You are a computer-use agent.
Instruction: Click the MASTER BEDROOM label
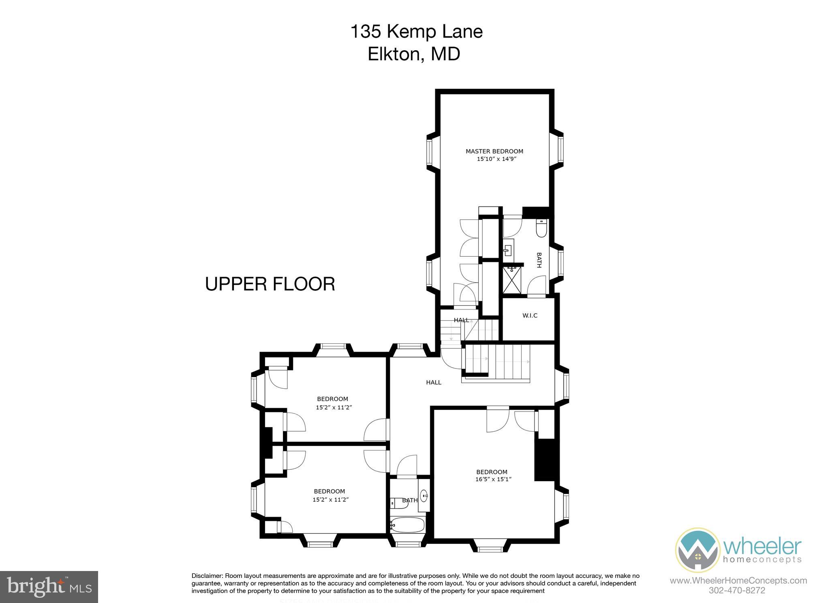pos(494,151)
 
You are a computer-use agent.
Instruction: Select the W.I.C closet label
pos(530,315)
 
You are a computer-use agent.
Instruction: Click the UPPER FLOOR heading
pos(270,284)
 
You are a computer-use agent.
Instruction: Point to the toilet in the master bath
pos(541,228)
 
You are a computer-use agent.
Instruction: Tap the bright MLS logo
pos(49,587)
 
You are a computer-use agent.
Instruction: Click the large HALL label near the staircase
pos(434,382)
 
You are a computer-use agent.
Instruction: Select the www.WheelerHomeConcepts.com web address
pos(738,581)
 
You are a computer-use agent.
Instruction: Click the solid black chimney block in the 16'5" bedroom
pos(547,460)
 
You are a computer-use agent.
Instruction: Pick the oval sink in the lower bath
pos(424,495)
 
